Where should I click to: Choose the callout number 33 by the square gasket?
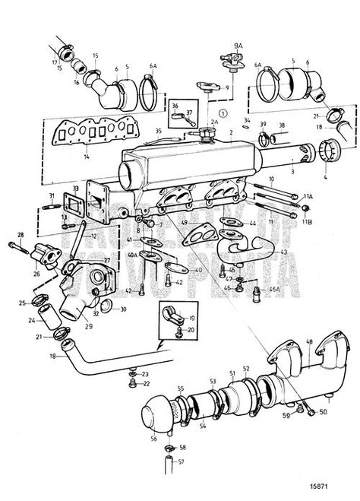point(75,187)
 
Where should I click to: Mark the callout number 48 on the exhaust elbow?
point(309,341)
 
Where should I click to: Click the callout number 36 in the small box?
point(174,106)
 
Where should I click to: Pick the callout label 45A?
point(274,290)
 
